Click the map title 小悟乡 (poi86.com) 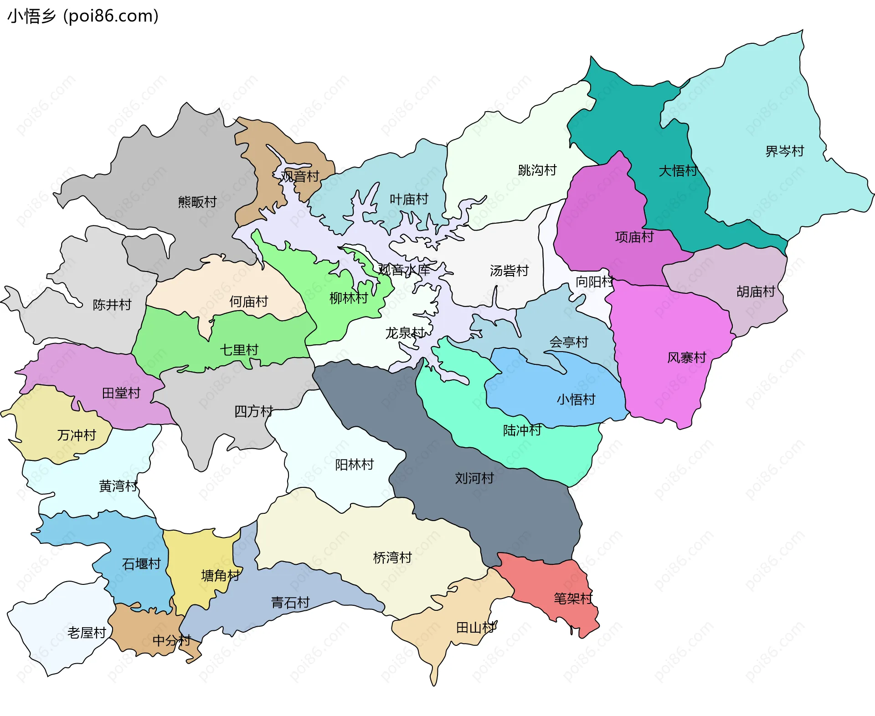[83, 16]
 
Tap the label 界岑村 [784, 151]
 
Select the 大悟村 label [678, 171]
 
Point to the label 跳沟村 [537, 170]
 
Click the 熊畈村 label [197, 202]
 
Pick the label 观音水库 [404, 270]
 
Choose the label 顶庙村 [634, 237]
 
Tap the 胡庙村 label [755, 292]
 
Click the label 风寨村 [686, 358]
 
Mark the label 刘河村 [474, 478]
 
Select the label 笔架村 [573, 598]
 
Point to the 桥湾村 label [392, 557]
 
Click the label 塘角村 [220, 576]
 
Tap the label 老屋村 [87, 633]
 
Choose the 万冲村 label [77, 435]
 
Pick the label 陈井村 [112, 305]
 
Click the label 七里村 [239, 350]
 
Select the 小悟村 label [576, 399]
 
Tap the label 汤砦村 [509, 271]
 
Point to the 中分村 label [171, 640]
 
